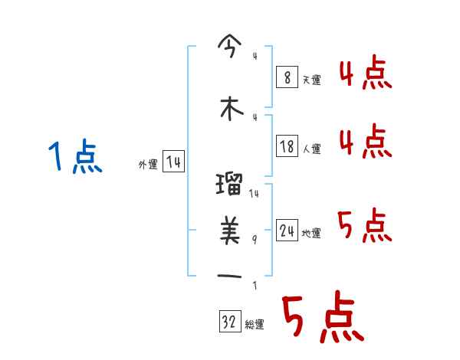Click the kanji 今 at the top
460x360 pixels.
tap(231, 47)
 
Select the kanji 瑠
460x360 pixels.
tap(231, 185)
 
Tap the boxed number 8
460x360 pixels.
tap(286, 77)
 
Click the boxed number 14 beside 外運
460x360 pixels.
tap(173, 162)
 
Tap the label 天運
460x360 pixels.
tap(310, 80)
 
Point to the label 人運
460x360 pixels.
tap(311, 149)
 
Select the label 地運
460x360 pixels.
tap(311, 233)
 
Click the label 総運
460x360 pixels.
tap(255, 324)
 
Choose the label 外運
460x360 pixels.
tap(147, 164)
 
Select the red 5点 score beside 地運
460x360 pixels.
tap(365, 226)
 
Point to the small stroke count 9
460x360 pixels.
tap(255, 239)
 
